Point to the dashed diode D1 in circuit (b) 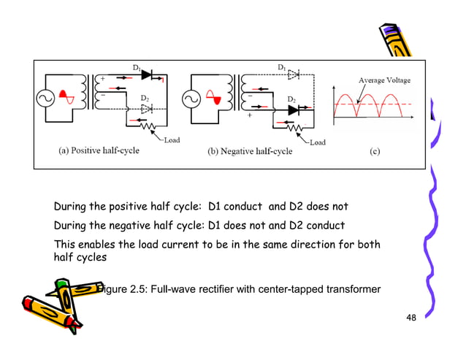[x=294, y=74]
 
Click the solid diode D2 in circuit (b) [x=294, y=110]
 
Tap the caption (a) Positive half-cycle [x=99, y=151]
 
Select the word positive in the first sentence [x=129, y=206]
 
